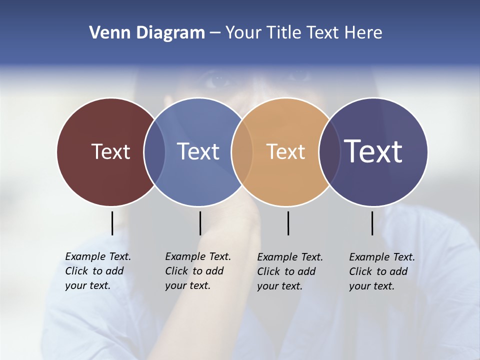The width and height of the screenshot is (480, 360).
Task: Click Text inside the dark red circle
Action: coord(110,151)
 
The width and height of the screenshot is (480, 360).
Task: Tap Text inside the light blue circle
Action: coord(198,151)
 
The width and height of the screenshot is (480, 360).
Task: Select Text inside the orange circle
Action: coord(285,151)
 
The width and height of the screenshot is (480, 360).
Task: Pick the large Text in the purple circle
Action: coord(373,151)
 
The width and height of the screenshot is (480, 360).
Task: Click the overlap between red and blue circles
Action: coord(154,151)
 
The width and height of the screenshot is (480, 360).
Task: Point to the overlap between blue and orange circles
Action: coord(242,151)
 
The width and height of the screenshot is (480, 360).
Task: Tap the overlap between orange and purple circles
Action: coord(329,151)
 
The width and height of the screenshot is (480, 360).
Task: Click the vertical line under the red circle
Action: coord(112,223)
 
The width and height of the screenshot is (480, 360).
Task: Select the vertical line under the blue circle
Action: coord(200,223)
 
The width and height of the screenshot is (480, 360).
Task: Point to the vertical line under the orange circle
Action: coord(288,223)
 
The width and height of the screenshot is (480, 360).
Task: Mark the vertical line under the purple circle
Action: coord(372,223)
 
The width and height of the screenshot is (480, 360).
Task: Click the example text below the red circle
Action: coord(97,271)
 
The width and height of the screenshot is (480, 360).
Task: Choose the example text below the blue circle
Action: coord(197,271)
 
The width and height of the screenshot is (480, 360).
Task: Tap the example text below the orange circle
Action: coord(289,271)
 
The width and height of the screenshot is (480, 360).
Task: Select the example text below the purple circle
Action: coord(381,271)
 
